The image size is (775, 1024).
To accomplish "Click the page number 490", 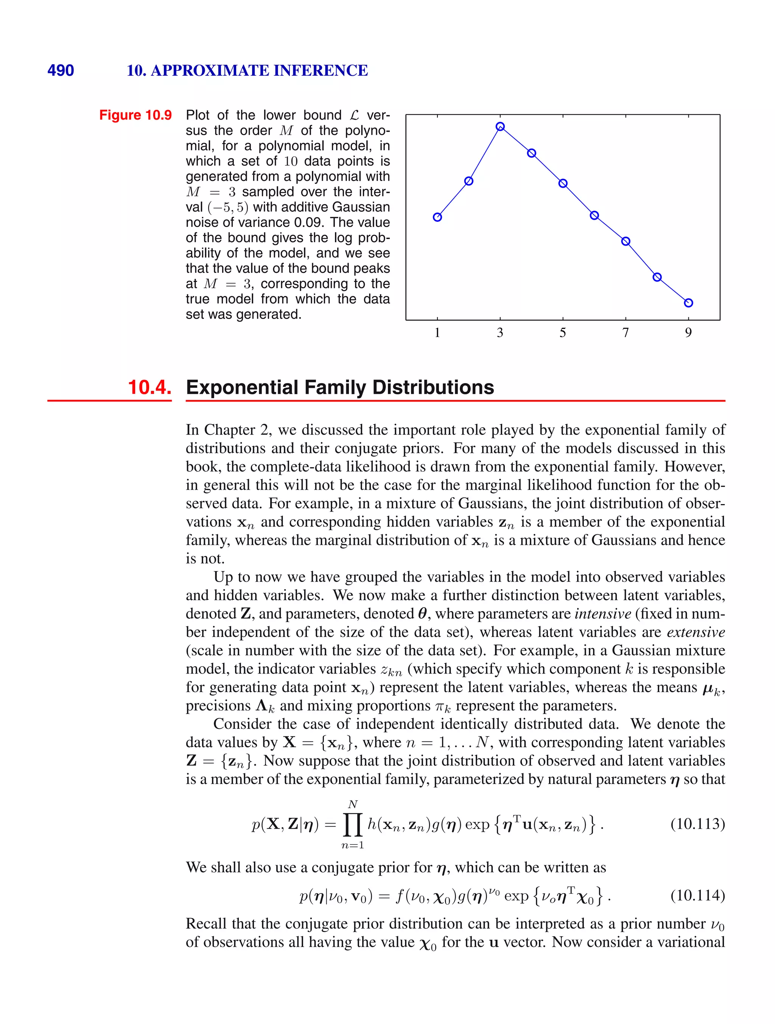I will tap(61, 70).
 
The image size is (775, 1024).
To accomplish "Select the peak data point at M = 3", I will tap(500, 126).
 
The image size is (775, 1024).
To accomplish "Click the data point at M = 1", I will tap(437, 217).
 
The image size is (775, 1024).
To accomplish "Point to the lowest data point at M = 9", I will tap(688, 303).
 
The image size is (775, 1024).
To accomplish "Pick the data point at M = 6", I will tap(594, 215).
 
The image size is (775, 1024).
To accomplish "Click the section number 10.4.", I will tap(149, 388).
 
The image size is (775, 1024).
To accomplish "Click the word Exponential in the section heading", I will tap(243, 388).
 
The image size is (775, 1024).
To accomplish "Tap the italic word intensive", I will tap(603, 613).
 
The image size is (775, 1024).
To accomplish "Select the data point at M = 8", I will tap(657, 277).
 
